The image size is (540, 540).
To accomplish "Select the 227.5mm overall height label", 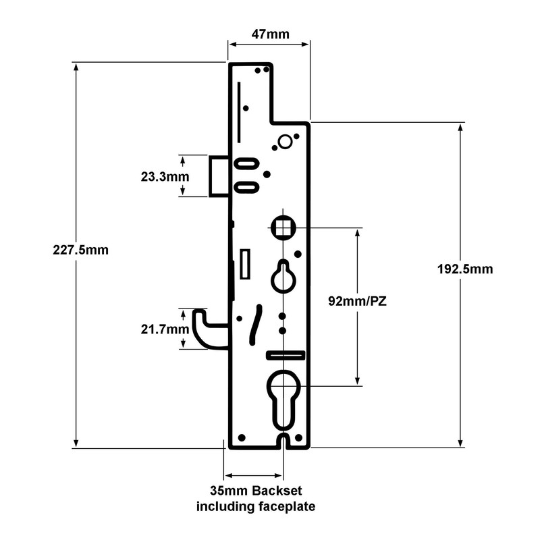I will [x=81, y=249].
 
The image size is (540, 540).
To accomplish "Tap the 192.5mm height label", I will [x=465, y=269].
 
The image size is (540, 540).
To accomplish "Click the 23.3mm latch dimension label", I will [x=165, y=177].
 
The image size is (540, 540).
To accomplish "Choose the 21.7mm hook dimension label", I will [x=165, y=329].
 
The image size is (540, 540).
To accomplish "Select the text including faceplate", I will [x=255, y=506].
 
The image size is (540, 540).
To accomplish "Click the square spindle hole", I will [x=283, y=227].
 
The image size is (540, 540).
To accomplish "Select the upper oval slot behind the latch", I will [x=246, y=163].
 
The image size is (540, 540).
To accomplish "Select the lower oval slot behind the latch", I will [x=246, y=186].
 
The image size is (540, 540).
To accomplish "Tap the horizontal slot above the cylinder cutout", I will [x=286, y=355].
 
